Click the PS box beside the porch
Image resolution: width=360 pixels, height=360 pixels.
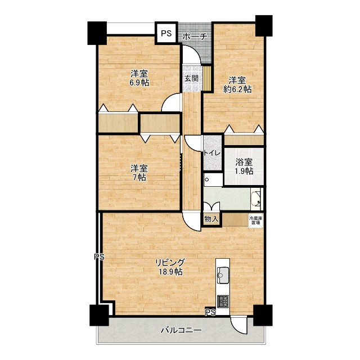coord(166,33)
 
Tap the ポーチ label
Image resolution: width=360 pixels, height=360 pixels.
coord(195,37)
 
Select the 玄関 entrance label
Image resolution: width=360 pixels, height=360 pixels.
coord(191,79)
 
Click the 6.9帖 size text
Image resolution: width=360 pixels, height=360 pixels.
coord(139,83)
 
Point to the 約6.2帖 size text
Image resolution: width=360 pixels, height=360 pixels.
coord(237,89)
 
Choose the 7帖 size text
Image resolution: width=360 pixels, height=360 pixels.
coord(139,177)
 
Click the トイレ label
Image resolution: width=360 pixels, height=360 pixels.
coord(212,154)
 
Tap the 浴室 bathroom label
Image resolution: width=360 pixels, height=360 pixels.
coord(244,163)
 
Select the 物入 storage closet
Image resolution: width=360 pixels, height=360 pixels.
coord(211,219)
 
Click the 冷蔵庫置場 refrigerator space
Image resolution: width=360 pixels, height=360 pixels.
coord(255,220)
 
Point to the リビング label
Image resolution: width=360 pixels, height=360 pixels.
coord(170,262)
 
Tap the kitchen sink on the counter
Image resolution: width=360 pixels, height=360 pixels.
coord(223,275)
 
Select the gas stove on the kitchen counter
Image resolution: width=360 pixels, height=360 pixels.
coord(223,301)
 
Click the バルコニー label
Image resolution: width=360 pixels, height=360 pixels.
coord(181,330)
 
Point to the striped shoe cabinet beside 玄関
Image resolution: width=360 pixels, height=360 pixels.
coord(207,79)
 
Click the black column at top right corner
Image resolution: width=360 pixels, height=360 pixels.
coord(264,26)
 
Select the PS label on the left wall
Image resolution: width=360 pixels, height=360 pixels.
coord(99,256)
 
